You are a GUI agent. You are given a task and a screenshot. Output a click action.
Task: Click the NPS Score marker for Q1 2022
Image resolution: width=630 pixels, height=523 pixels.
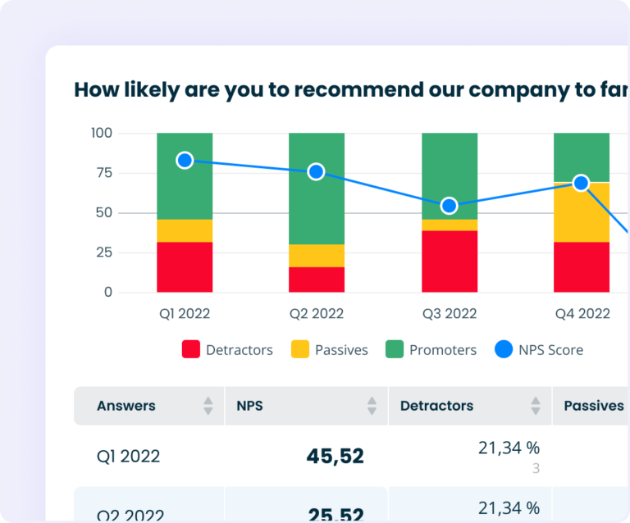(185, 161)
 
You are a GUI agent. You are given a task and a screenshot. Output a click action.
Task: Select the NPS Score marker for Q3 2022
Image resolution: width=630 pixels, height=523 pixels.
(449, 206)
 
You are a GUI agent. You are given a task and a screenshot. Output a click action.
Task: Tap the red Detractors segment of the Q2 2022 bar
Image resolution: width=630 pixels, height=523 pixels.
(317, 280)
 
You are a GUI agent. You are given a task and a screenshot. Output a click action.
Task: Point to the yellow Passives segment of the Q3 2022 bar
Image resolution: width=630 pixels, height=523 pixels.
(449, 225)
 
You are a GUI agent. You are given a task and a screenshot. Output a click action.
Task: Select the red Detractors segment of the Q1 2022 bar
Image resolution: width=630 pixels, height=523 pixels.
(185, 267)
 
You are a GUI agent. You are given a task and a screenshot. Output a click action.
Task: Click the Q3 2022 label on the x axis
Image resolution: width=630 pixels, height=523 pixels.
(449, 313)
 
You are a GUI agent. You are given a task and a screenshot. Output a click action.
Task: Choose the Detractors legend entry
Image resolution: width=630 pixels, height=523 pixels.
(227, 350)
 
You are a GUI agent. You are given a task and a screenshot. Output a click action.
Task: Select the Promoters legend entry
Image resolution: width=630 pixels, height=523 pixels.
(431, 350)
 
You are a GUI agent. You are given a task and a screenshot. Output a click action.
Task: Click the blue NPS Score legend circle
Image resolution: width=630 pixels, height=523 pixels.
(503, 350)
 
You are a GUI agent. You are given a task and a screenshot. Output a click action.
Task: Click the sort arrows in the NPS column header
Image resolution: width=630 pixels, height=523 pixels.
(372, 406)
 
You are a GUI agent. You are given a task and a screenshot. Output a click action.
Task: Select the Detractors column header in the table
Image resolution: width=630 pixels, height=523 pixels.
(436, 406)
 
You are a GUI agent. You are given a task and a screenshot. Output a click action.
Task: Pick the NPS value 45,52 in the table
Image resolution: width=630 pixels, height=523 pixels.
(335, 457)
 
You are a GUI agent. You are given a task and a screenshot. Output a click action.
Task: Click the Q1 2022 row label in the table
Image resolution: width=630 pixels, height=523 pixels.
(128, 457)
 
